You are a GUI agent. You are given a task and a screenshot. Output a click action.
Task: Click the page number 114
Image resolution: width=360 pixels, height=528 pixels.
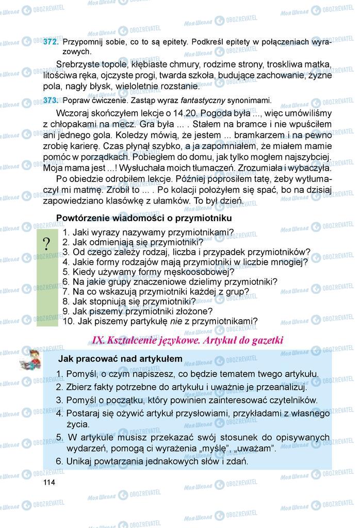click(49, 482)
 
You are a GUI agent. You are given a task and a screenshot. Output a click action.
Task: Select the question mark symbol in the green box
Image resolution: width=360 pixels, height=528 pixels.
click(47, 244)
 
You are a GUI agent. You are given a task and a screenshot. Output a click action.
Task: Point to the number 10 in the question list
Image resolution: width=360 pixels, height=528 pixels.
click(68, 321)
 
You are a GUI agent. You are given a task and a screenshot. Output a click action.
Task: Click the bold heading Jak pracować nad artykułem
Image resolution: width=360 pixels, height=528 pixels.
click(120, 358)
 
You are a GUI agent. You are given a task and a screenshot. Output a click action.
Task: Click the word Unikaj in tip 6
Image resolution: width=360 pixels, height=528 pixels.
click(78, 461)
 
